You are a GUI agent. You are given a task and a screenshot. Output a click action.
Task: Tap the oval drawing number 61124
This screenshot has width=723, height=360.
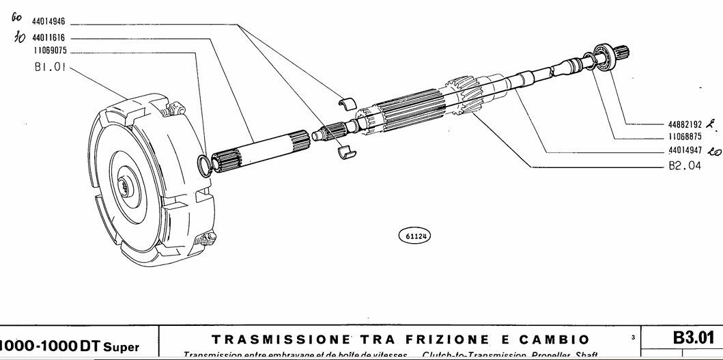point(414,236)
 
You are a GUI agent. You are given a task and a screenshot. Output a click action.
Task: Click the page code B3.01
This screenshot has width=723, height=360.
point(693,338)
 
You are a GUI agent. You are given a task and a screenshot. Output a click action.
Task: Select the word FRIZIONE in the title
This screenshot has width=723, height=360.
point(447,340)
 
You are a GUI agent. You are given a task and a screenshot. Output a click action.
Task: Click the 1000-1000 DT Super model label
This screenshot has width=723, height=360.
point(68,348)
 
